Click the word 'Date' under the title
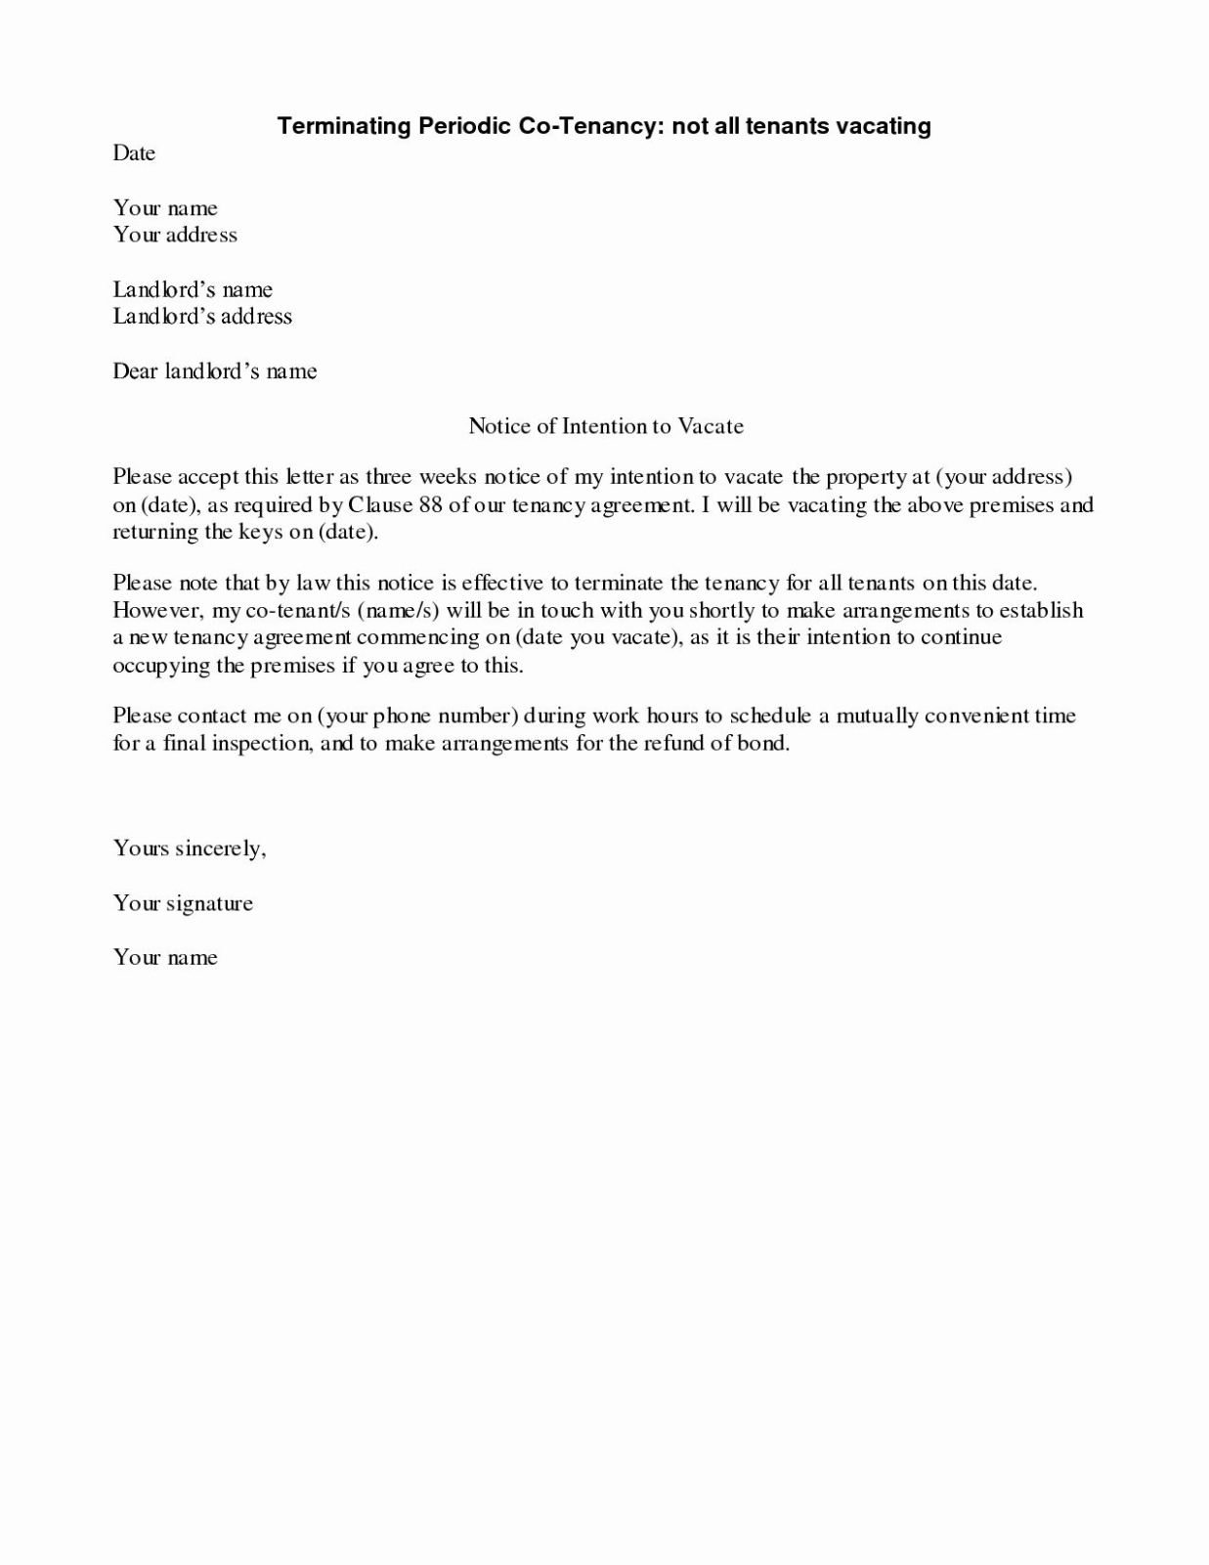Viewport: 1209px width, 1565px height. (134, 152)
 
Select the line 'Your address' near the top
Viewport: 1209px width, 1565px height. (175, 235)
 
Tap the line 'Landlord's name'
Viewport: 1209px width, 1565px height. (193, 289)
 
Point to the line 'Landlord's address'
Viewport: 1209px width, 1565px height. (202, 317)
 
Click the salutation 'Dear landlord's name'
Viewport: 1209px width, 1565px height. (215, 371)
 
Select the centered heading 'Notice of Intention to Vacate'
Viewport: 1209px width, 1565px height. (606, 426)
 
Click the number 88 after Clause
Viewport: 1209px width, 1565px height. (431, 505)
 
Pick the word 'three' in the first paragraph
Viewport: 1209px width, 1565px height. (389, 477)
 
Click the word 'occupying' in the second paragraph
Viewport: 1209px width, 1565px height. (161, 666)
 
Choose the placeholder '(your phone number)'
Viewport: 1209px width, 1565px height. (416, 716)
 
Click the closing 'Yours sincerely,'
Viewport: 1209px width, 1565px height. (190, 848)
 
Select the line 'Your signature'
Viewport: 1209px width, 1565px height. (183, 903)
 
